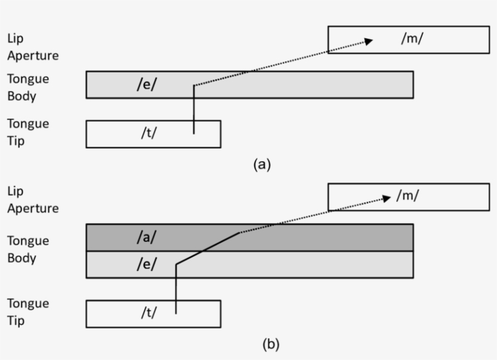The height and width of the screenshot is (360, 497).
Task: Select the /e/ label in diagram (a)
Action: tap(145, 84)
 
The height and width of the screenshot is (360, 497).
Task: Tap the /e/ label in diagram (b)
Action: tap(145, 265)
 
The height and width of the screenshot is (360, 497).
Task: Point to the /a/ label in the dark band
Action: tap(145, 238)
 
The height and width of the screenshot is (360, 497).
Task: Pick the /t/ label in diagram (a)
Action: tap(148, 133)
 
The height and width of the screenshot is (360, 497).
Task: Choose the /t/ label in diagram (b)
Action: tap(148, 313)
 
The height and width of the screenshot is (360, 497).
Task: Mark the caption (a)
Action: tap(261, 164)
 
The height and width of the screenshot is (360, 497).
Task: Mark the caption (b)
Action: tap(270, 344)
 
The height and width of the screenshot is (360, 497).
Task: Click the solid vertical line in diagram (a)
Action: tap(194, 109)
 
